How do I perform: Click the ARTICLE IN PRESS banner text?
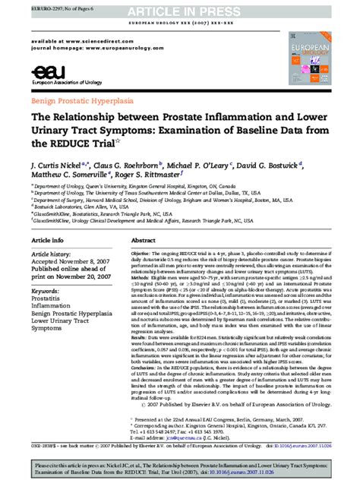click(179, 11)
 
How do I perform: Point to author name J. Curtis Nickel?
click(61, 164)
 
